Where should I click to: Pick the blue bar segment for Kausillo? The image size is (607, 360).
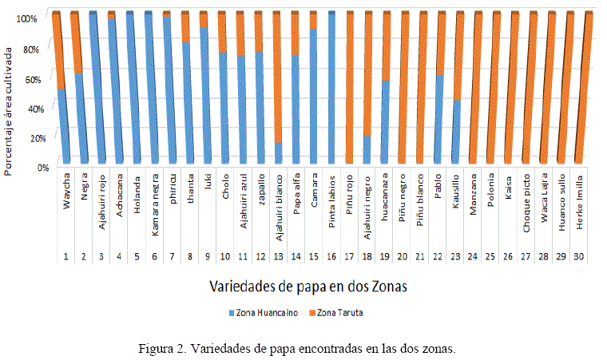pyautogui.click(x=457, y=132)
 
